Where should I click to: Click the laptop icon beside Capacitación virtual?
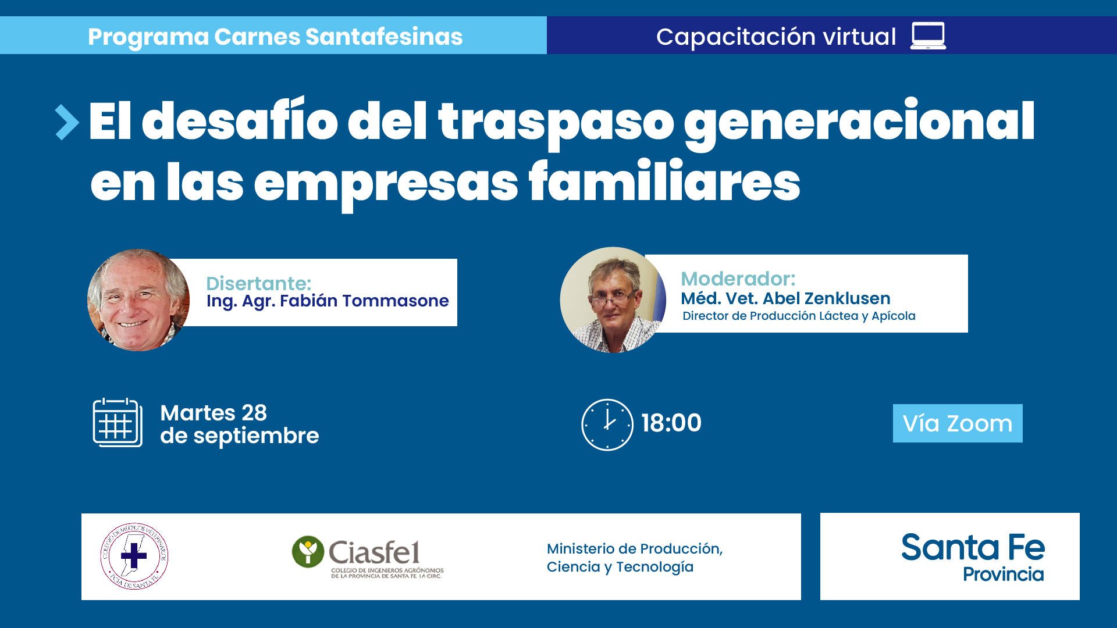click(x=928, y=35)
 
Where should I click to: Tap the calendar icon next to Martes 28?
click(x=118, y=423)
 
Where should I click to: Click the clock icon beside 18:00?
click(x=607, y=424)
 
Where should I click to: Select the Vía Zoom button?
click(x=958, y=423)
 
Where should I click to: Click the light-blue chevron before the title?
click(x=67, y=122)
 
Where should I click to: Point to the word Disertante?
click(x=258, y=283)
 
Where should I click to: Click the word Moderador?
click(x=738, y=279)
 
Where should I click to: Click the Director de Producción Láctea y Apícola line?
click(x=799, y=316)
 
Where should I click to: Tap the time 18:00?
click(x=671, y=423)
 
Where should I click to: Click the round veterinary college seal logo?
click(x=134, y=556)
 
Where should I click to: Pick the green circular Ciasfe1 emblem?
click(x=308, y=551)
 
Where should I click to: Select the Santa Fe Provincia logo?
click(x=973, y=557)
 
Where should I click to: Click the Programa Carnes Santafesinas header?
click(x=275, y=36)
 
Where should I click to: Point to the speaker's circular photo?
click(x=138, y=300)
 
